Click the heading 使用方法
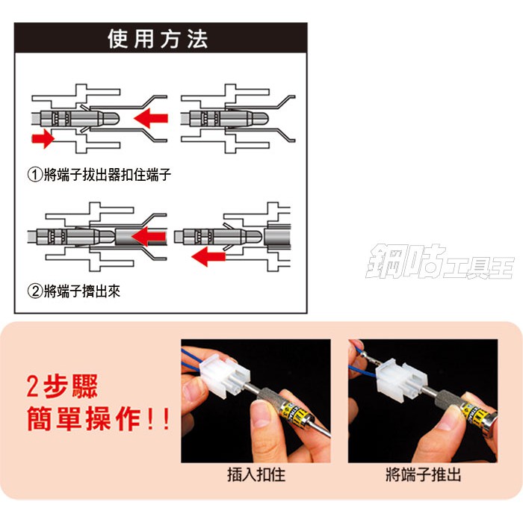pos(158,39)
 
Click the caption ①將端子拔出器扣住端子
pos(99,174)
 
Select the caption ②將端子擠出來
pos(74,291)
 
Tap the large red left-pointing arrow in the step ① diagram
pos(151,118)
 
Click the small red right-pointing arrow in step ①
pos(43,138)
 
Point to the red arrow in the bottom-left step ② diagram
pos(149,237)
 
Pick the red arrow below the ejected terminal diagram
pos(208,256)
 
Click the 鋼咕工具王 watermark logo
pos(439,261)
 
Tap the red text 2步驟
pos(62,386)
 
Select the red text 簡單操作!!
pos(99,418)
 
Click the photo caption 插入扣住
pos(256,474)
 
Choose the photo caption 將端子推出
pos(424,474)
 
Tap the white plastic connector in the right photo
pos(402,379)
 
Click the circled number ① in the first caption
pos(34,175)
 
